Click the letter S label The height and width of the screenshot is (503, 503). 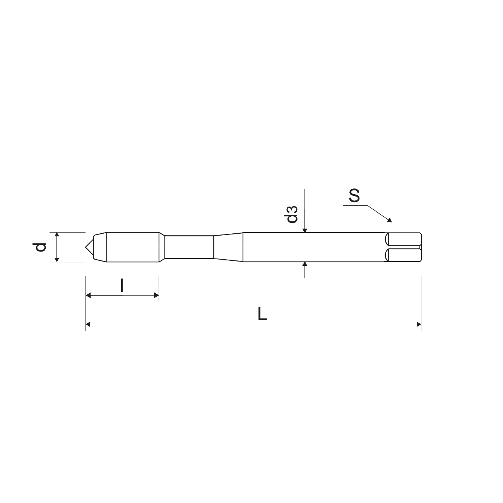pos(354,196)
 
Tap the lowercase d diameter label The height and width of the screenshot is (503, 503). pos(40,247)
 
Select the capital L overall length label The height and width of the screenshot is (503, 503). pos(262,313)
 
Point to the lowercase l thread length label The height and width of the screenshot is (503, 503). pos(121,285)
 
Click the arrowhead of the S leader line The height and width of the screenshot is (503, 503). pos(390,220)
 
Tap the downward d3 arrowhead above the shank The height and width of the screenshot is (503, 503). pos(305,230)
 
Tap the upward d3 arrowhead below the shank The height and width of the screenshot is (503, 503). pos(305,264)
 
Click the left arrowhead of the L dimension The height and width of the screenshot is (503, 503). pos(88,324)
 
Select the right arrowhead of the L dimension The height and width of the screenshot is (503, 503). pos(419,324)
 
